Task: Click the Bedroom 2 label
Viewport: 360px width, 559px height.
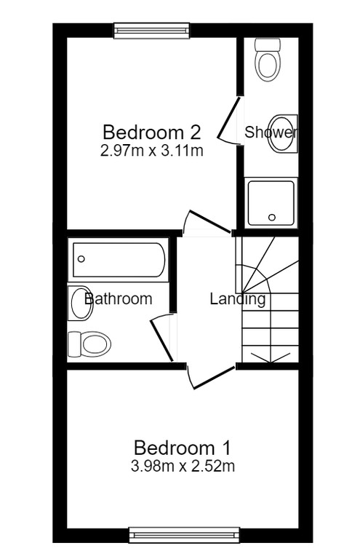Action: point(152,132)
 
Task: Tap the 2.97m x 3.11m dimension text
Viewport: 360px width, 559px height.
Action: point(152,151)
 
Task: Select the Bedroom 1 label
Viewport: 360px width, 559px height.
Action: point(183,448)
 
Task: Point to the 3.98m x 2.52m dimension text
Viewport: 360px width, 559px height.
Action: point(183,466)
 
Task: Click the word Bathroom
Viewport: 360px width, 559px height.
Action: point(119,298)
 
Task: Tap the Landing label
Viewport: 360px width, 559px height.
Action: point(238,299)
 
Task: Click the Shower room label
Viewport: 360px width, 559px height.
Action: point(271,132)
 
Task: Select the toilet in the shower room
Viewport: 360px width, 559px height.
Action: point(268,60)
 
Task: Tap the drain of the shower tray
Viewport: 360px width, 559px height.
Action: point(272,217)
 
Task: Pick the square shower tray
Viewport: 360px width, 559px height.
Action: point(271,203)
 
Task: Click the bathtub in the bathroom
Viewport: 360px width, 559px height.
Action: point(119,260)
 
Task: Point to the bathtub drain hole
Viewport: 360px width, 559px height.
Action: point(81,259)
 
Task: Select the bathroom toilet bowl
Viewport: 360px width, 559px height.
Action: point(89,344)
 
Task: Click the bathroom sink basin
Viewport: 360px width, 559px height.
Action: point(81,303)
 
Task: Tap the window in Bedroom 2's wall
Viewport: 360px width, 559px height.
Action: point(152,31)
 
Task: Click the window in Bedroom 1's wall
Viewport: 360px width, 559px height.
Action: point(185,536)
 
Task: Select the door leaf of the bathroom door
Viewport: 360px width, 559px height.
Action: point(162,341)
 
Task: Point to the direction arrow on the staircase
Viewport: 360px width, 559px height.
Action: point(271,357)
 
